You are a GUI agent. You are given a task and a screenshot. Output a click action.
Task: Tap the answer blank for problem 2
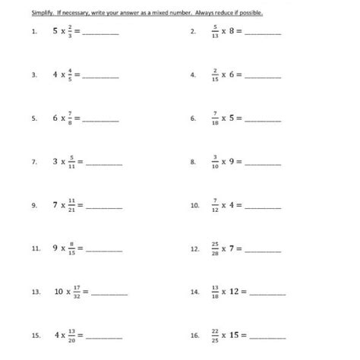click(x=266, y=33)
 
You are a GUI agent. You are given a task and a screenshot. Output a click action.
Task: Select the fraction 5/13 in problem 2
click(x=215, y=32)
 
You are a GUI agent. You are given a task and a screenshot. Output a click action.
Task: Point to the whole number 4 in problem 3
click(x=55, y=75)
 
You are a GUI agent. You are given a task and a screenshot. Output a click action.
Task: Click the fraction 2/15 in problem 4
click(x=215, y=75)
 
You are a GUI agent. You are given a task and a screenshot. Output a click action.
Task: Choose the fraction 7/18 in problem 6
click(x=215, y=118)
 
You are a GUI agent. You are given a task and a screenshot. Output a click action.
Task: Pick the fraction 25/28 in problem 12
click(x=216, y=248)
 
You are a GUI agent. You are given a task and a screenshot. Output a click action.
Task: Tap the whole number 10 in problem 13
click(x=60, y=292)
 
